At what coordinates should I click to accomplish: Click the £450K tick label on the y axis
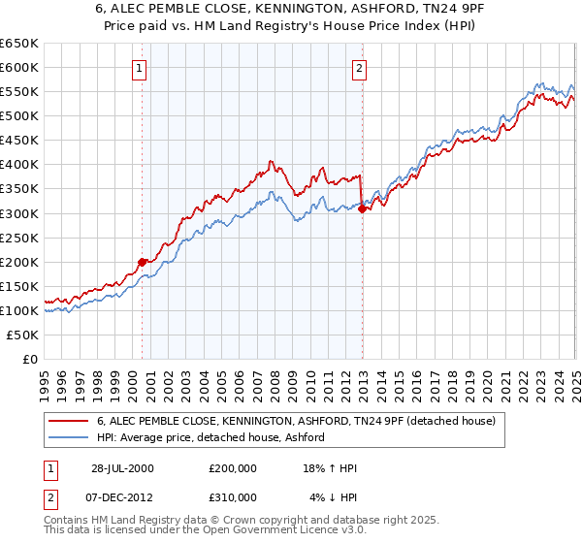tap(19, 140)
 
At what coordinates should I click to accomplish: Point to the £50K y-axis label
tap(23, 335)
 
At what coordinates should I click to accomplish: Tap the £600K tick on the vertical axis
tap(19, 67)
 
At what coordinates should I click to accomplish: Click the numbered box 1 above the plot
tap(141, 68)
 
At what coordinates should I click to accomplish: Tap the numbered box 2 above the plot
tap(360, 68)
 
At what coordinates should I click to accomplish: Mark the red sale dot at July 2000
tap(142, 261)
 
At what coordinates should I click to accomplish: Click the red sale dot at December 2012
tap(362, 208)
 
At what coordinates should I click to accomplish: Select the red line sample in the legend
tap(70, 421)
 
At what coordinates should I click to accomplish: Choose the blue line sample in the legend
tap(70, 437)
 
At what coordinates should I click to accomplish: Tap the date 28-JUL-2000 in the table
tap(122, 468)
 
